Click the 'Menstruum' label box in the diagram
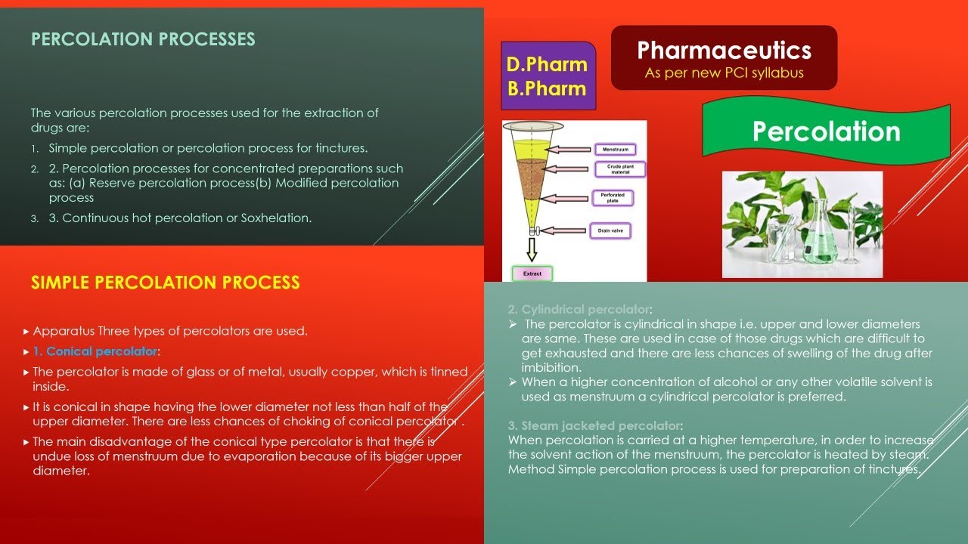click(615, 150)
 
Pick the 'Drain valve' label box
click(610, 230)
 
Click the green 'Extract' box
click(532, 274)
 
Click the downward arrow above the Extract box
click(532, 249)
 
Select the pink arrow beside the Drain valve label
click(564, 230)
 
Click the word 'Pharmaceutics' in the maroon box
click(724, 51)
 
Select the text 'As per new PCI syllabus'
click(724, 73)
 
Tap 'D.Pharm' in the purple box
click(547, 64)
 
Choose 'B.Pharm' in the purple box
click(547, 88)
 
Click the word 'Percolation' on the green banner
click(826, 131)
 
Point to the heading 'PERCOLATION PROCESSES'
click(143, 39)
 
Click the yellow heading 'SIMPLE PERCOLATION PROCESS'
click(165, 283)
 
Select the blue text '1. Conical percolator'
click(95, 351)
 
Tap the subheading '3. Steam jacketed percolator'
click(594, 425)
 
